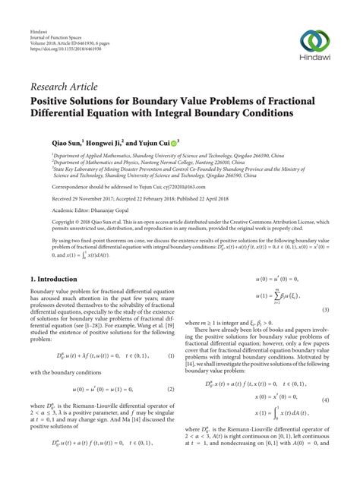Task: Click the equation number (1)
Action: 172,334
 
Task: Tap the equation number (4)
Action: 325,421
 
